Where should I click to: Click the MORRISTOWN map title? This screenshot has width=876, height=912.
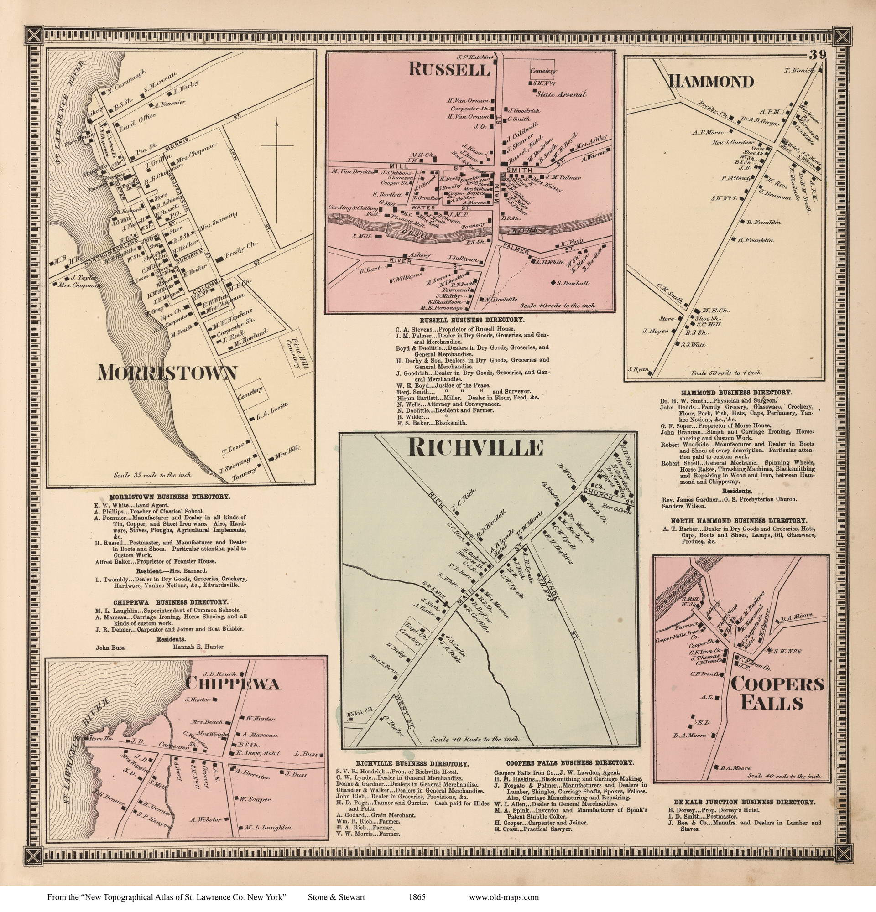[167, 373]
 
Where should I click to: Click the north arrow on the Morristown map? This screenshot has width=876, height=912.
[277, 145]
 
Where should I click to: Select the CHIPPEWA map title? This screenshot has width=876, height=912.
[233, 684]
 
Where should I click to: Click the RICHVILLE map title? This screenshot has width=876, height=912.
[475, 448]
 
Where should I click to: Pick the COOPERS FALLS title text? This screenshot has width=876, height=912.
[777, 694]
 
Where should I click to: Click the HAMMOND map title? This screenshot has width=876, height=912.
[711, 82]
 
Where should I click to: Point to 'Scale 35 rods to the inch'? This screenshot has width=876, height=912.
[152, 476]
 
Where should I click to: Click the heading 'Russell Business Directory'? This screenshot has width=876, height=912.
[471, 320]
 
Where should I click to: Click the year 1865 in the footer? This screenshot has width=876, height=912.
[417, 897]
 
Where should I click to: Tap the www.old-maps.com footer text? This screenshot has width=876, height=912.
[504, 897]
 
